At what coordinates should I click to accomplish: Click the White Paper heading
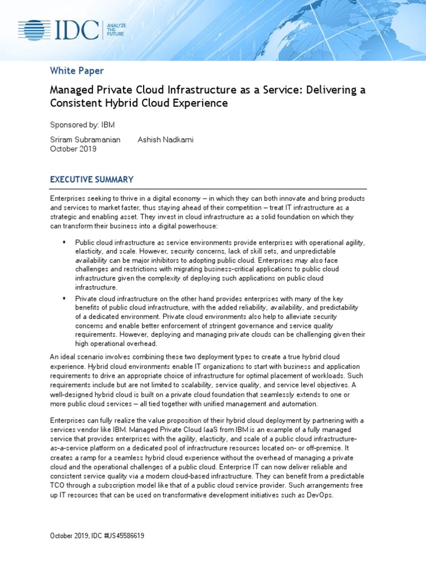[x=77, y=70]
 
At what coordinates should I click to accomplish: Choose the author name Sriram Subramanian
[x=85, y=140]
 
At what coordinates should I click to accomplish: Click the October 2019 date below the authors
[x=73, y=149]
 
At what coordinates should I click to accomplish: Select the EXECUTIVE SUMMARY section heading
[x=92, y=179]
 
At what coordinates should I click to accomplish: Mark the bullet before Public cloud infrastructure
[x=64, y=242]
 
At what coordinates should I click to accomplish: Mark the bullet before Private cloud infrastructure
[x=64, y=298]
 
